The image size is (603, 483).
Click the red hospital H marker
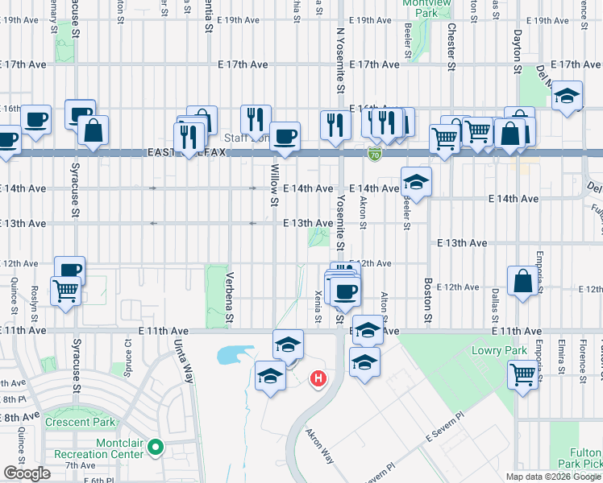[319, 378]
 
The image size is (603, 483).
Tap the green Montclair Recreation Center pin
[157, 446]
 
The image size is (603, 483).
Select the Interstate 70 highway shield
[375, 152]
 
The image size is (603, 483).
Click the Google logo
[27, 473]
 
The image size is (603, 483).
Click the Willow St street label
[275, 184]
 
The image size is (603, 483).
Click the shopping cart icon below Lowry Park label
[522, 374]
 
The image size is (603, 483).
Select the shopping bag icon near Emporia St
[522, 281]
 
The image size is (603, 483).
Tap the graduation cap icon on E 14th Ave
[416, 182]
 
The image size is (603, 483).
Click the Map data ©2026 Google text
[553, 477]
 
